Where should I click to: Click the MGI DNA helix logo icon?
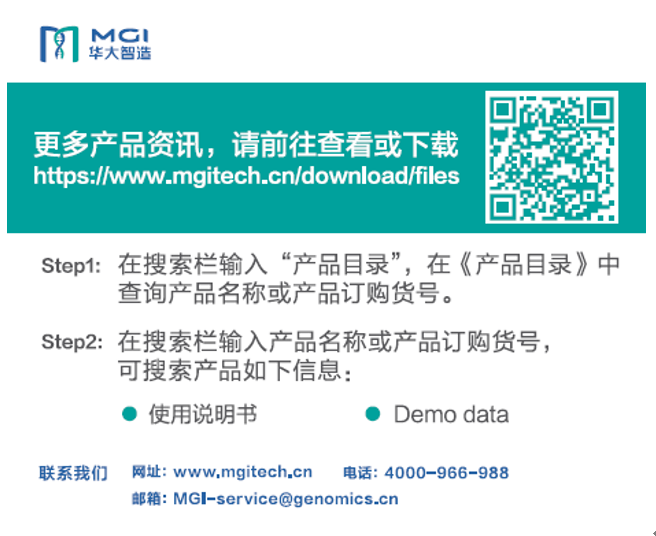point(59,44)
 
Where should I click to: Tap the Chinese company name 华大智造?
point(120,53)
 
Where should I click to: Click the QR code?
point(551,157)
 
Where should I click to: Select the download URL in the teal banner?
point(246,176)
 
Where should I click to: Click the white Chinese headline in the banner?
point(246,144)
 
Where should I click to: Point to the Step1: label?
point(71,266)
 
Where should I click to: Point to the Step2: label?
point(72,342)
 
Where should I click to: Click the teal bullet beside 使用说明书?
point(130,414)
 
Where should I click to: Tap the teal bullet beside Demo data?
point(372,414)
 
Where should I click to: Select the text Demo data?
point(451,415)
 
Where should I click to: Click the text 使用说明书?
point(203,414)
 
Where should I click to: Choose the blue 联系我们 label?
point(73,473)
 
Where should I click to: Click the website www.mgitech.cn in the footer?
point(243,472)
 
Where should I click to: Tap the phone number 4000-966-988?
point(446,473)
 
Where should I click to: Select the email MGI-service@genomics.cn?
point(286,499)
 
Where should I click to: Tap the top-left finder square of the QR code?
point(502,109)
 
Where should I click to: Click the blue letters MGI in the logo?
point(119,35)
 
